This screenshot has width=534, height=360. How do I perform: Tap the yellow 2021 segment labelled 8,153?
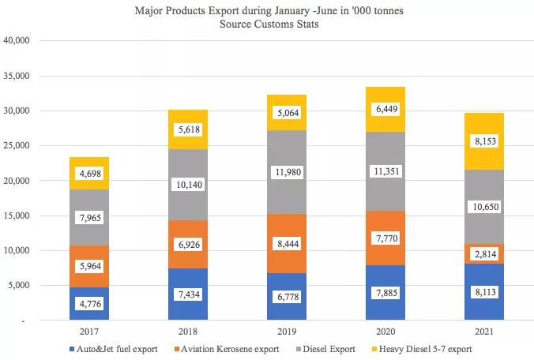click(x=483, y=141)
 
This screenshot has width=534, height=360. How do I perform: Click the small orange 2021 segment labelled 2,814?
click(x=483, y=253)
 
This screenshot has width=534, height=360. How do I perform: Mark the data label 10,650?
click(x=483, y=207)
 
